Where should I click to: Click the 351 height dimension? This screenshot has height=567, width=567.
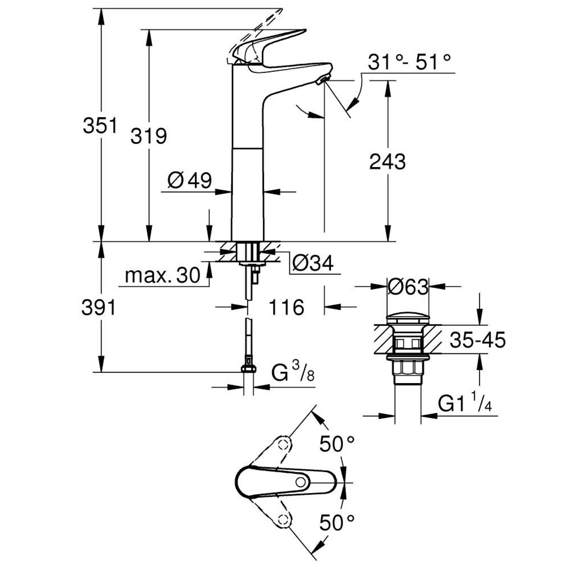[x=100, y=125]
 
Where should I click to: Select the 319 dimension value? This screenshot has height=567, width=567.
[x=149, y=136]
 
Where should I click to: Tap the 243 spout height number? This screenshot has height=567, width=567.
[x=387, y=162]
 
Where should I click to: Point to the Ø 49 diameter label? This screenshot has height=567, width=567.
[x=190, y=181]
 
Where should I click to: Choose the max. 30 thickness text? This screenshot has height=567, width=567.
[x=163, y=275]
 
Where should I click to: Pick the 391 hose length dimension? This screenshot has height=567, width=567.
[x=99, y=307]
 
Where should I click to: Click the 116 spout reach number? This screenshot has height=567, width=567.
[x=286, y=307]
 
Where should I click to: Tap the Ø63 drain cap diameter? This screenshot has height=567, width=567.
[x=408, y=287]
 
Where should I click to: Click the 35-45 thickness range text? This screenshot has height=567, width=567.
[x=478, y=340]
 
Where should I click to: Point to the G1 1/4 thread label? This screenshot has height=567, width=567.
[x=465, y=405]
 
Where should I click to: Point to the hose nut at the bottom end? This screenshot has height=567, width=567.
[x=249, y=369]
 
